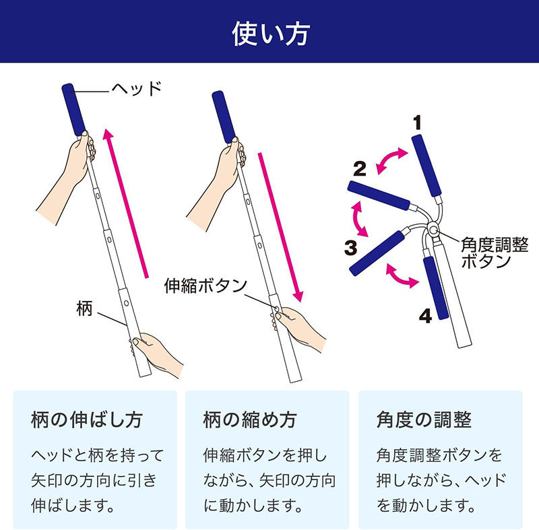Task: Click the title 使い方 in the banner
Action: (x=269, y=32)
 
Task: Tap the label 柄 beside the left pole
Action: (x=86, y=310)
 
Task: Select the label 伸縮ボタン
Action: (x=206, y=285)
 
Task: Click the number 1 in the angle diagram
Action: (x=418, y=122)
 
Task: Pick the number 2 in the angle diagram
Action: (x=360, y=168)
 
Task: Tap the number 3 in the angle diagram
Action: (x=350, y=247)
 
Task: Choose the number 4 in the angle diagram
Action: (x=424, y=316)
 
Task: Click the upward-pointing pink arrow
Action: (x=126, y=202)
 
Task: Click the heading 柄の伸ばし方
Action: (x=87, y=421)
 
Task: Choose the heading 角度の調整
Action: (x=424, y=421)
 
